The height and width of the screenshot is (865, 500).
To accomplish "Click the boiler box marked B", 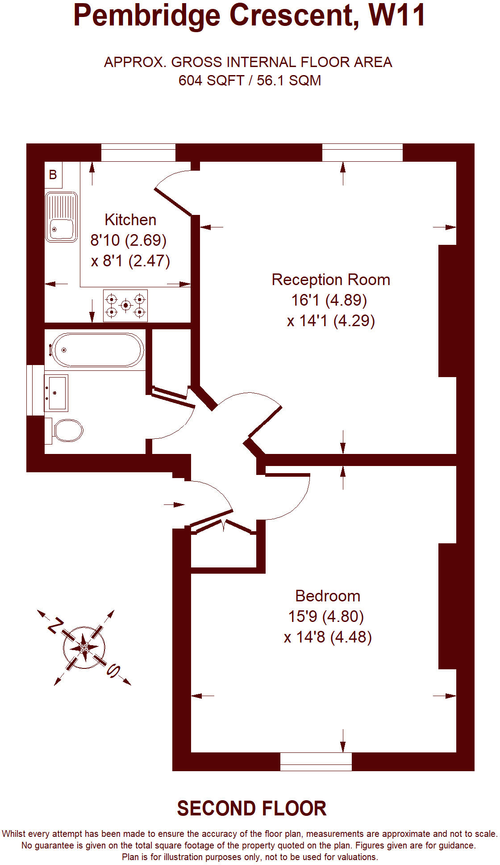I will pos(53,175).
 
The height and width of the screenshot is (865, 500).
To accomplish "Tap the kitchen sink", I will pos(61,217).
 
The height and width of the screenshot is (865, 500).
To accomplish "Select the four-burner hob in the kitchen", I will pos(125,306).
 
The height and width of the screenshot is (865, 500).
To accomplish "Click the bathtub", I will pos(96,350).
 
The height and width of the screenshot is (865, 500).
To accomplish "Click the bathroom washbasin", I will pos(56,393).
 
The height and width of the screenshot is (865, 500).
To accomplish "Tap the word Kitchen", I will pos(130,220).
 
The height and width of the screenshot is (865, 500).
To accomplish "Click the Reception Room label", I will pos(331,280).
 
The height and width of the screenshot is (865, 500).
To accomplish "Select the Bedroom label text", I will pos(328,596).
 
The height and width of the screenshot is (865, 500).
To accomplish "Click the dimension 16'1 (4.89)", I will pos(329,300).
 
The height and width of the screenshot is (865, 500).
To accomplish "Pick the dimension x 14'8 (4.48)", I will pos(328,637).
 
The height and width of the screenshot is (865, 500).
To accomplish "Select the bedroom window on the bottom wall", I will pos(316,761).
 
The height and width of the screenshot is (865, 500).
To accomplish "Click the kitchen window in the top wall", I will pos(138,152).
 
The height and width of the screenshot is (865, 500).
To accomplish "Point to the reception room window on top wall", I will pos(362,152).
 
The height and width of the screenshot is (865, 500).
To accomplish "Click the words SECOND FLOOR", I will pos(252,809).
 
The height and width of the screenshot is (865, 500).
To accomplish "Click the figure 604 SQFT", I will pos(211,81).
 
